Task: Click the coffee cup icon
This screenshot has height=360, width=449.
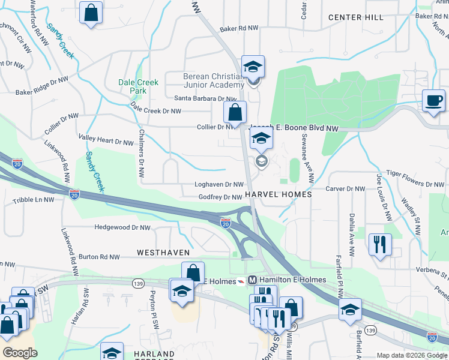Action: [x=434, y=100]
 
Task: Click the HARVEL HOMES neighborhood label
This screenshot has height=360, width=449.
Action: [x=279, y=195]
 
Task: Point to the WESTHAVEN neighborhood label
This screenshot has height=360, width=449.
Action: [x=164, y=253]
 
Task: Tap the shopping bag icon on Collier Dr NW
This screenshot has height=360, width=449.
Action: [x=235, y=112]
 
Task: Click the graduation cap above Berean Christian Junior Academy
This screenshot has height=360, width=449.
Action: [x=253, y=66]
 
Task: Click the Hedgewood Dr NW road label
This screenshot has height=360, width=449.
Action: [x=123, y=227]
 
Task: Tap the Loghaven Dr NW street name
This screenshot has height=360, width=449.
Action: [x=218, y=185]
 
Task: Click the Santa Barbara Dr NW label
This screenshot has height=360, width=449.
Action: [x=205, y=98]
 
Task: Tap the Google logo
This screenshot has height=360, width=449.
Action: [x=20, y=352]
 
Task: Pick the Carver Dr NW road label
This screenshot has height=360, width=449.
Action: [x=345, y=188]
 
